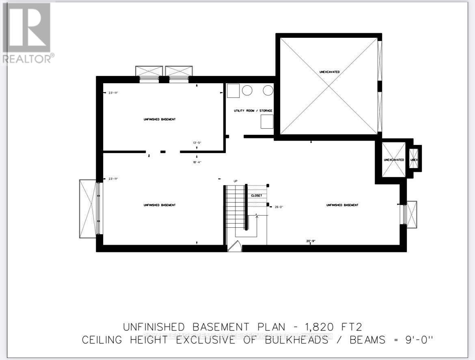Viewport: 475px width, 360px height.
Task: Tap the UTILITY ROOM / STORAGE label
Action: pos(253,111)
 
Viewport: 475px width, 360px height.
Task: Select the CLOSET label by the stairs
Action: pos(257,196)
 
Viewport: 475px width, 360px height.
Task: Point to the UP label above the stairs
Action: pos(235,181)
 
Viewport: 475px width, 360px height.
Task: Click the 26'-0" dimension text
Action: pos(279,207)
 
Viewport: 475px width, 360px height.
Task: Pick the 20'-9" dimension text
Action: pos(311,241)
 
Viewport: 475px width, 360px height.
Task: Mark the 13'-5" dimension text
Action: pos(197,143)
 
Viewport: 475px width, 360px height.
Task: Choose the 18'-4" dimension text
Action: pos(197,162)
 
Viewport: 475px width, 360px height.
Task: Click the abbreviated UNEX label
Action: pos(414,160)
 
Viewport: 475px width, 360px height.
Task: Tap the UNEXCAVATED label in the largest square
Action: pos(329,72)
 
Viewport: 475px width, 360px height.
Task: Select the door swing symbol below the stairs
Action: pos(235,246)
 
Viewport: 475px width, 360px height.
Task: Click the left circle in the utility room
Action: pos(247,91)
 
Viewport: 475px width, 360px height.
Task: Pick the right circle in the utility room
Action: pos(268,91)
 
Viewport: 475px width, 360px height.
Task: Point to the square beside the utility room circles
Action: pos(233,91)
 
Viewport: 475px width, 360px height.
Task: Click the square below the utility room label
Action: pos(267,121)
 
